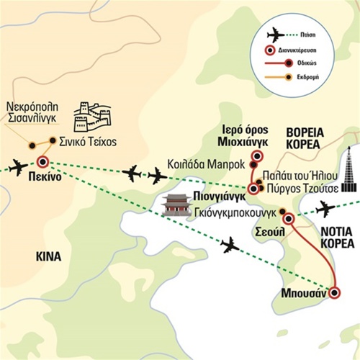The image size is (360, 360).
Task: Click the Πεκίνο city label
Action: coord(45,177)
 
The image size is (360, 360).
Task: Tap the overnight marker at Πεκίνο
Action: coord(43,162)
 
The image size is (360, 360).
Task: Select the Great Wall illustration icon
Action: coord(93,117)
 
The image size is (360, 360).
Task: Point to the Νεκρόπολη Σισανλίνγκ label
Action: coord(32,112)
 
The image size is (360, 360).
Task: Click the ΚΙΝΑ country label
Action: coord(49,256)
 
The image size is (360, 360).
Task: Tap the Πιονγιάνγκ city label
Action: coord(220,197)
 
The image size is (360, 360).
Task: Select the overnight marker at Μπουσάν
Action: coord(334,293)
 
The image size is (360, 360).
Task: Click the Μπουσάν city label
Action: coord(304,293)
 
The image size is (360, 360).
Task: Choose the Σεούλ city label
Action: coord(270,232)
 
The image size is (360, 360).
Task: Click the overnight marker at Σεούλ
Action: coord(289,219)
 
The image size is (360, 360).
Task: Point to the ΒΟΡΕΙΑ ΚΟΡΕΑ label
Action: coord(305,138)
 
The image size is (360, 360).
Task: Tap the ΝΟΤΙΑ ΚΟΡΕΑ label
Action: coord(337,238)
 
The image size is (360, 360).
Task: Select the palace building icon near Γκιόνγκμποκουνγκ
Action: coord(177,204)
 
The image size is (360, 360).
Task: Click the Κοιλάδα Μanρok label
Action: coord(206,164)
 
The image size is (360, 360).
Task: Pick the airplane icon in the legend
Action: coord(276,35)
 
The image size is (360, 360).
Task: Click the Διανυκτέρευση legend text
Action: coord(297,50)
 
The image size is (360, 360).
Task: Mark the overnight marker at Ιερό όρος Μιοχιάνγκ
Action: coord(257,156)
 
